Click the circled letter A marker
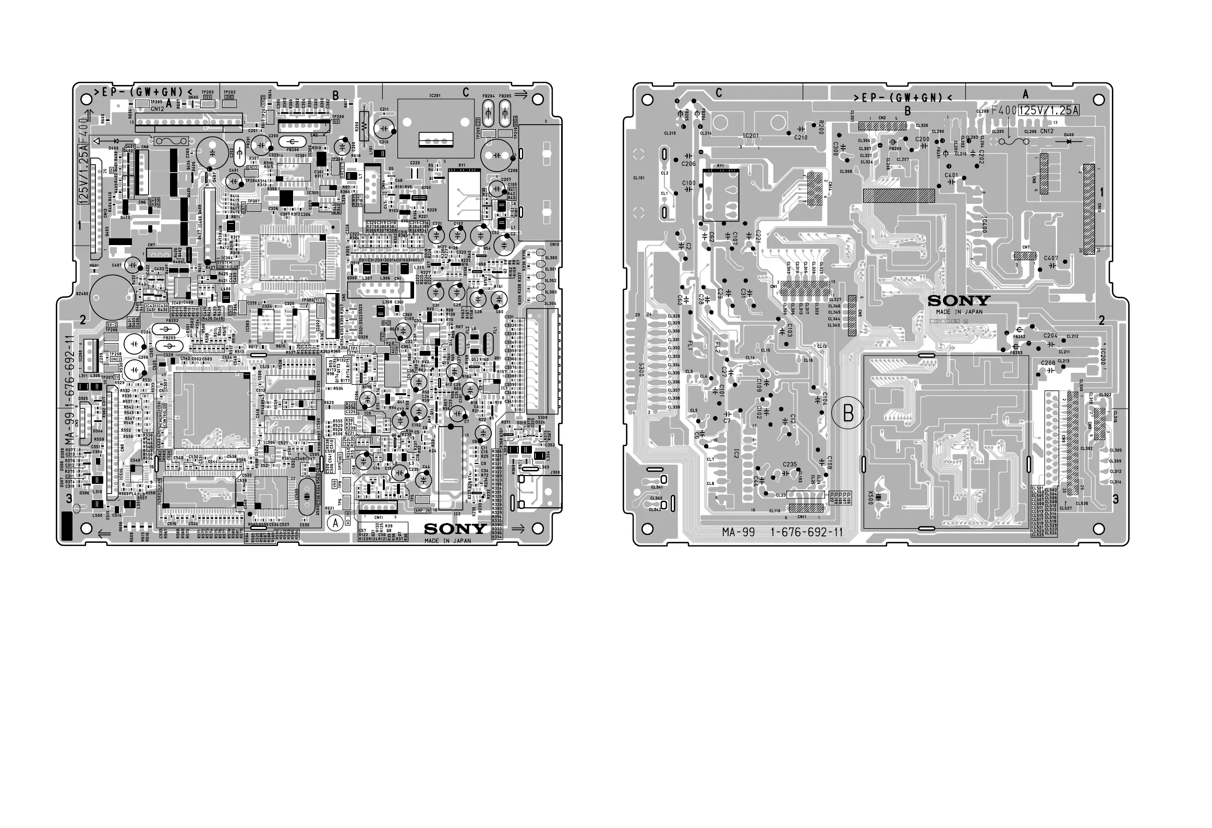click(336, 522)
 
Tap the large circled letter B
click(848, 413)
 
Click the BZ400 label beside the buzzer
click(81, 294)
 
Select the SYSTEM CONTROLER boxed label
click(227, 264)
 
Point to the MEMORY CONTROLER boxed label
click(165, 415)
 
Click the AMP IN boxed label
click(423, 510)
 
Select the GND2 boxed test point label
click(115, 359)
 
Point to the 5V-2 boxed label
click(112, 324)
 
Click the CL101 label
click(639, 178)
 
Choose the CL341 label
click(657, 487)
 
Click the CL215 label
click(670, 133)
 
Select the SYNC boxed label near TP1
click(353, 352)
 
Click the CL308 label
click(845, 171)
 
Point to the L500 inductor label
click(97, 516)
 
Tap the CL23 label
click(781, 495)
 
